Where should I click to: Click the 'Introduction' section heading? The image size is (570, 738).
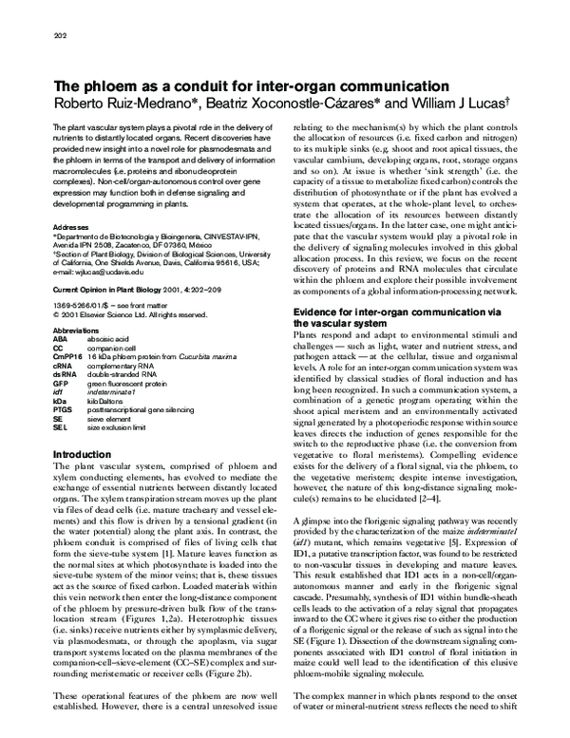pyautogui.click(x=85, y=455)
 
